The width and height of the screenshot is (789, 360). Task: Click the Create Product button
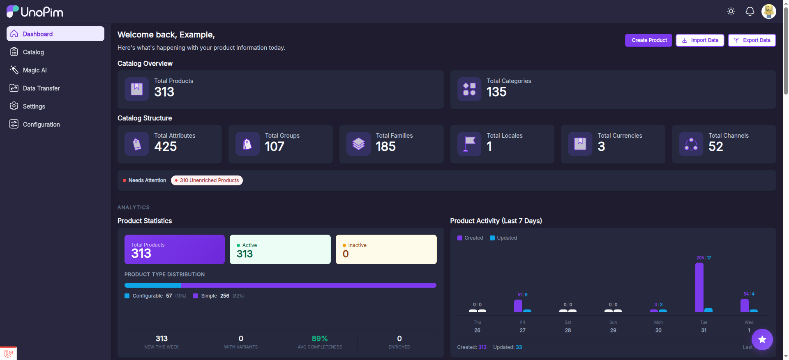click(649, 40)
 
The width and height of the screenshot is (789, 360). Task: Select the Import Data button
click(700, 40)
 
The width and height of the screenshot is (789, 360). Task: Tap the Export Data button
click(752, 40)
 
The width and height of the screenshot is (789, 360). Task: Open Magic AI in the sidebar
click(35, 70)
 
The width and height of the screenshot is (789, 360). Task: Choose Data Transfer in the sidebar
click(41, 88)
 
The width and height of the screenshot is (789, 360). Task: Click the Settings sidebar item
click(34, 106)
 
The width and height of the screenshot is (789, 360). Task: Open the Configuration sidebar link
click(41, 125)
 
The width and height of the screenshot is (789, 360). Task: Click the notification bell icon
click(750, 12)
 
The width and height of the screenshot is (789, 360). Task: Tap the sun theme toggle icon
click(731, 12)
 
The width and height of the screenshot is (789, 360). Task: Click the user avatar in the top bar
click(768, 12)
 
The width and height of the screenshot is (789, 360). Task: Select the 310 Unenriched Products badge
click(207, 180)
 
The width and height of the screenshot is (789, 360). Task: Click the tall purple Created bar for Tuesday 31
click(699, 287)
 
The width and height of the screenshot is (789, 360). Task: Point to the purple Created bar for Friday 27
click(518, 306)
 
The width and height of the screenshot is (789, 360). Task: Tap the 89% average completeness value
click(320, 339)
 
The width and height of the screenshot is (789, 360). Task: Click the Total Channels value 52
click(716, 147)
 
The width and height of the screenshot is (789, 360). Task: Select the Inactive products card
click(386, 249)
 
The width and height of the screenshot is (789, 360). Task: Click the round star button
click(762, 339)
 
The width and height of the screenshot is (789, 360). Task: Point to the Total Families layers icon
click(358, 144)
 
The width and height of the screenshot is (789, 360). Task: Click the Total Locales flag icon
click(469, 144)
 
